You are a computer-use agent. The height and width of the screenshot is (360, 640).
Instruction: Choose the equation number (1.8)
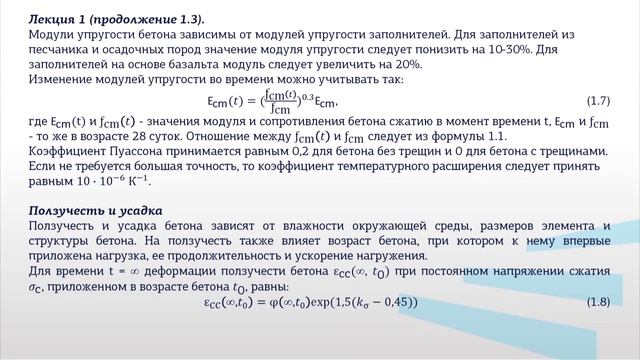[x=599, y=302]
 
